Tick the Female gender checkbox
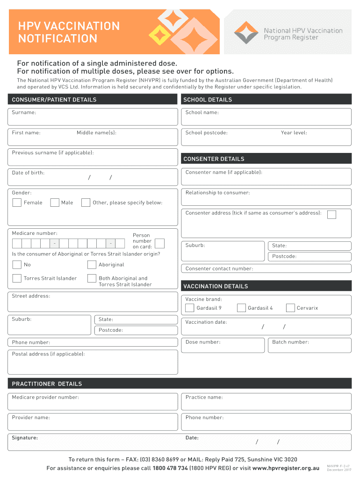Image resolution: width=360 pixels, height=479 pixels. coord(17,203)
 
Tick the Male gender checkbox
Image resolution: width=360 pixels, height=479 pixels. coord(55,203)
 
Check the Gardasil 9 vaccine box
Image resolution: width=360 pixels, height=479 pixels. coord(190,308)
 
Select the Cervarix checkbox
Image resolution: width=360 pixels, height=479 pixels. coord(290,308)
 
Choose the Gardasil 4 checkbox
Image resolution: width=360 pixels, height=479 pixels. coord(241,308)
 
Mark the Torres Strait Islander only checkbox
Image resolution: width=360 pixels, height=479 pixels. coord(17,278)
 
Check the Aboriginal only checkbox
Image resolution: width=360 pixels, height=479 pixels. coord(92,265)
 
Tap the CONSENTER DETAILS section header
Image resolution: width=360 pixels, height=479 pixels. coord(266,159)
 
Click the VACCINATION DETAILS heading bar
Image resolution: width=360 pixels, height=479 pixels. coord(266,286)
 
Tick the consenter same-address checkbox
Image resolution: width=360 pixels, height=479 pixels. coord(331,214)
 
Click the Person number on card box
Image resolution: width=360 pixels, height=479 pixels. coord(159,243)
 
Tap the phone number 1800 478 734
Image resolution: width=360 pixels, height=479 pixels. coord(170,468)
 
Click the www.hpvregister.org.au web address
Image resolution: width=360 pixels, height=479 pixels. coord(286,468)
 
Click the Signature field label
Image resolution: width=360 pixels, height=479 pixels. coord(25,438)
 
